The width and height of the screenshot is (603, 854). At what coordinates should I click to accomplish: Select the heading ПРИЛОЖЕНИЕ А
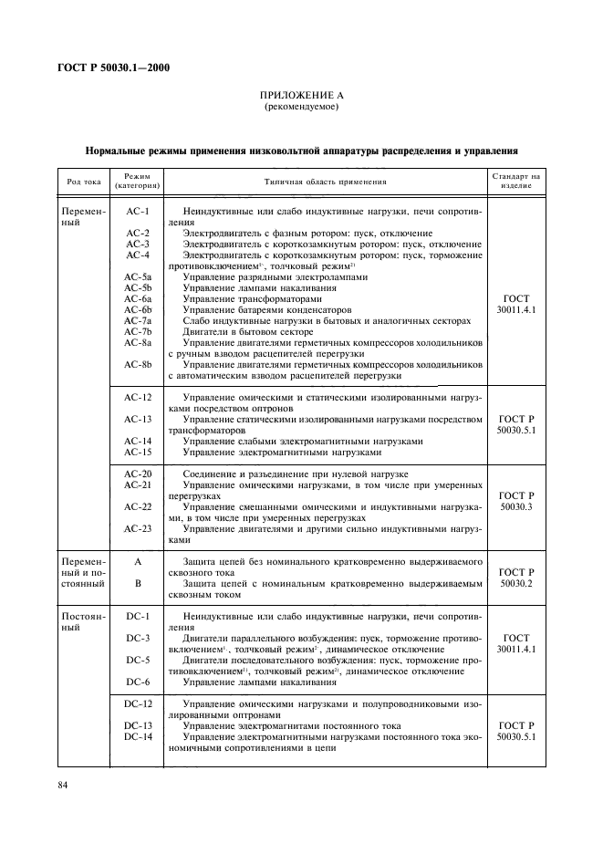click(x=301, y=96)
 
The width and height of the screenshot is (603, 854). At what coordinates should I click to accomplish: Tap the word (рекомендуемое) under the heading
click(x=301, y=108)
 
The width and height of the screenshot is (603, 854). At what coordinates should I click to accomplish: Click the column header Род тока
click(x=83, y=181)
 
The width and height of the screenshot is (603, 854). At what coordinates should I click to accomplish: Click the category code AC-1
click(x=138, y=212)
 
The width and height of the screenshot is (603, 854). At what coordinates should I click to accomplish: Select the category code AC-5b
click(x=138, y=288)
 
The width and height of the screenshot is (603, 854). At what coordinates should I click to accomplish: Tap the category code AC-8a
click(x=138, y=342)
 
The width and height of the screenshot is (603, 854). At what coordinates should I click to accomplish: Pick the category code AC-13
click(x=138, y=419)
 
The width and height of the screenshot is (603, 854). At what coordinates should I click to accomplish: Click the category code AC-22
click(x=138, y=506)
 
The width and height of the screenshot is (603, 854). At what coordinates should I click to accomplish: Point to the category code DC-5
click(x=138, y=659)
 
